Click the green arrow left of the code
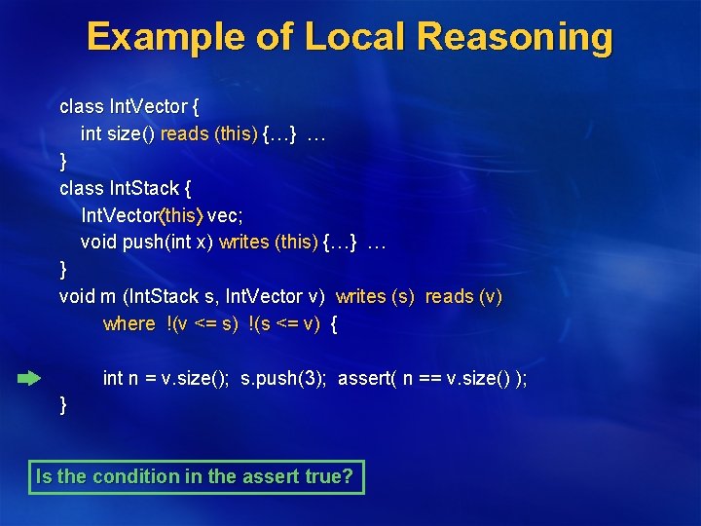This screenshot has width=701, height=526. [29, 377]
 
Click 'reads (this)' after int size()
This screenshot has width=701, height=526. [209, 134]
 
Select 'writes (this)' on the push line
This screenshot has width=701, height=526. [269, 242]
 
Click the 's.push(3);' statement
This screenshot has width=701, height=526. [284, 378]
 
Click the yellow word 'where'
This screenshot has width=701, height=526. [129, 323]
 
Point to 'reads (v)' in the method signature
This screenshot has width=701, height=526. [463, 296]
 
